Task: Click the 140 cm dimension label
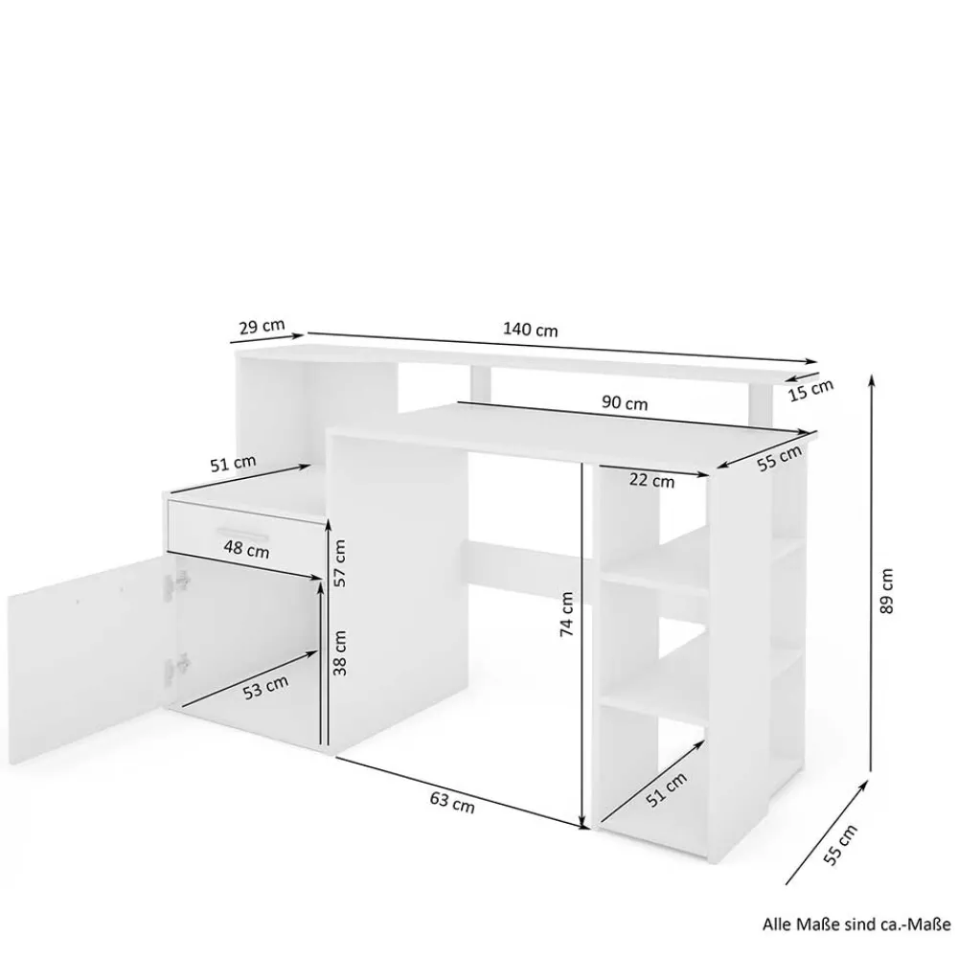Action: (531, 330)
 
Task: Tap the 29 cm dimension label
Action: (262, 326)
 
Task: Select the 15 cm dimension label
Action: (810, 390)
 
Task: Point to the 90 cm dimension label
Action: (625, 402)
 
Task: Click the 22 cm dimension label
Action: (651, 481)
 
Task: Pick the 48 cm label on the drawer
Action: (246, 549)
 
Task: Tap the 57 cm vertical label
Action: (340, 562)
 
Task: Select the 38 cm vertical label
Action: (340, 652)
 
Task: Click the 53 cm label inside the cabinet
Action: (265, 688)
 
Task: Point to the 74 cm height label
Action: (566, 614)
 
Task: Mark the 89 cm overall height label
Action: (887, 591)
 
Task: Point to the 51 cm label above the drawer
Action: (233, 463)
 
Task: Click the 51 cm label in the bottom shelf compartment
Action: (666, 789)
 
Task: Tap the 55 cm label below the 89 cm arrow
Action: (841, 844)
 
